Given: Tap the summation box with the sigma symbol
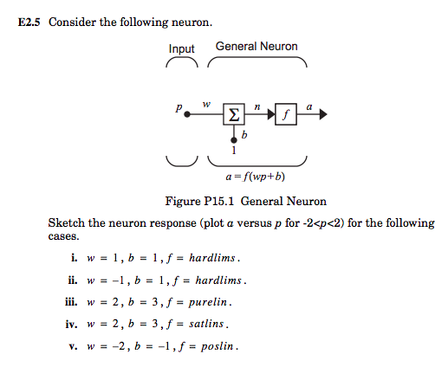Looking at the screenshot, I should pyautogui.click(x=233, y=113).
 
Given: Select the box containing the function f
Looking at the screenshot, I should pyautogui.click(x=285, y=113).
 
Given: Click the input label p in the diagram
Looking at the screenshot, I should pyautogui.click(x=178, y=110).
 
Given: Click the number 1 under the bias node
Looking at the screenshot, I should pyautogui.click(x=232, y=150).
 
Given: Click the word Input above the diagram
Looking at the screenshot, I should pyautogui.click(x=181, y=49).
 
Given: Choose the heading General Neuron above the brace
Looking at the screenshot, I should pyautogui.click(x=256, y=47).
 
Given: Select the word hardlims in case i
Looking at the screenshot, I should pyautogui.click(x=211, y=258).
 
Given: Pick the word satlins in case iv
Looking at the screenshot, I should pyautogui.click(x=208, y=325).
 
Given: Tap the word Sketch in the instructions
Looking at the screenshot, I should pyautogui.click(x=66, y=223).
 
